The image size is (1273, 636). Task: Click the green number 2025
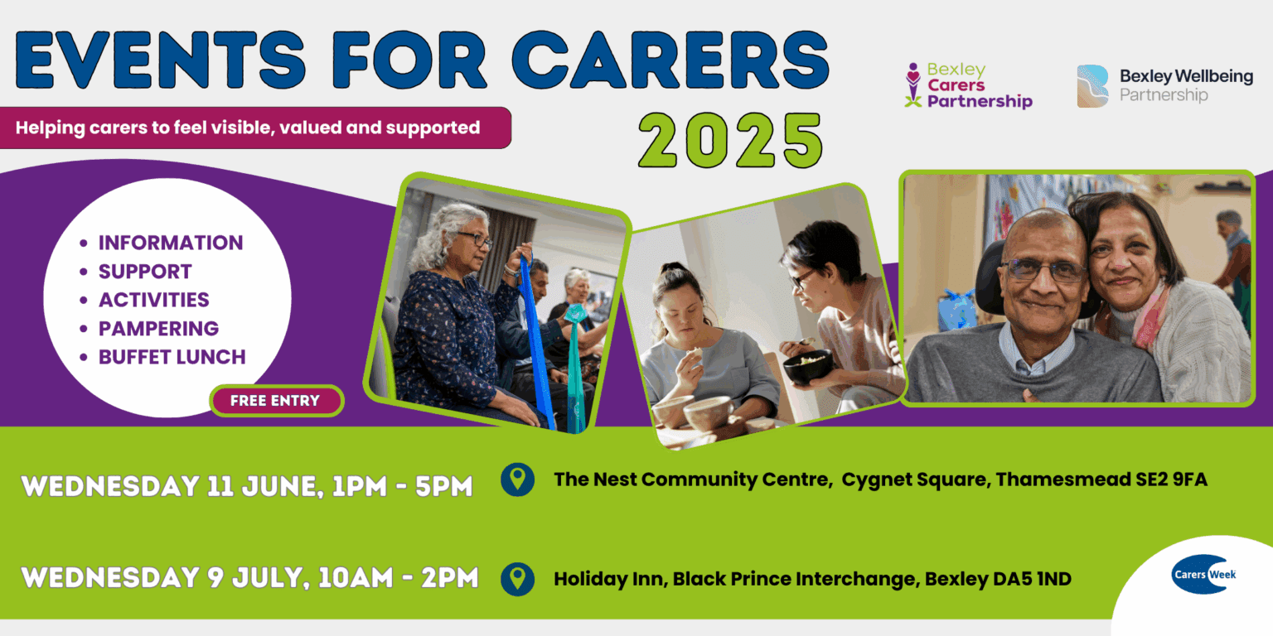click(730, 140)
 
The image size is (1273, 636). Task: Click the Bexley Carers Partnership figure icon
click(913, 85)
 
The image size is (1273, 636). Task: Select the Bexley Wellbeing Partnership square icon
click(1092, 86)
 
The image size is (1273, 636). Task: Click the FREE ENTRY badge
click(275, 401)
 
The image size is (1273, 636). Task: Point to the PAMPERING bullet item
click(158, 328)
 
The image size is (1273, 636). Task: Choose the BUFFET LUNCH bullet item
click(172, 357)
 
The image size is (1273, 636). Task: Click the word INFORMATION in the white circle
click(170, 243)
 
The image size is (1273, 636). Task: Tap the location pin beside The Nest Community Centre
click(517, 479)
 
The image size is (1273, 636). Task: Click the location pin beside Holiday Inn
click(517, 579)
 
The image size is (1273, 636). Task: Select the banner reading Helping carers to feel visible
click(249, 128)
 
